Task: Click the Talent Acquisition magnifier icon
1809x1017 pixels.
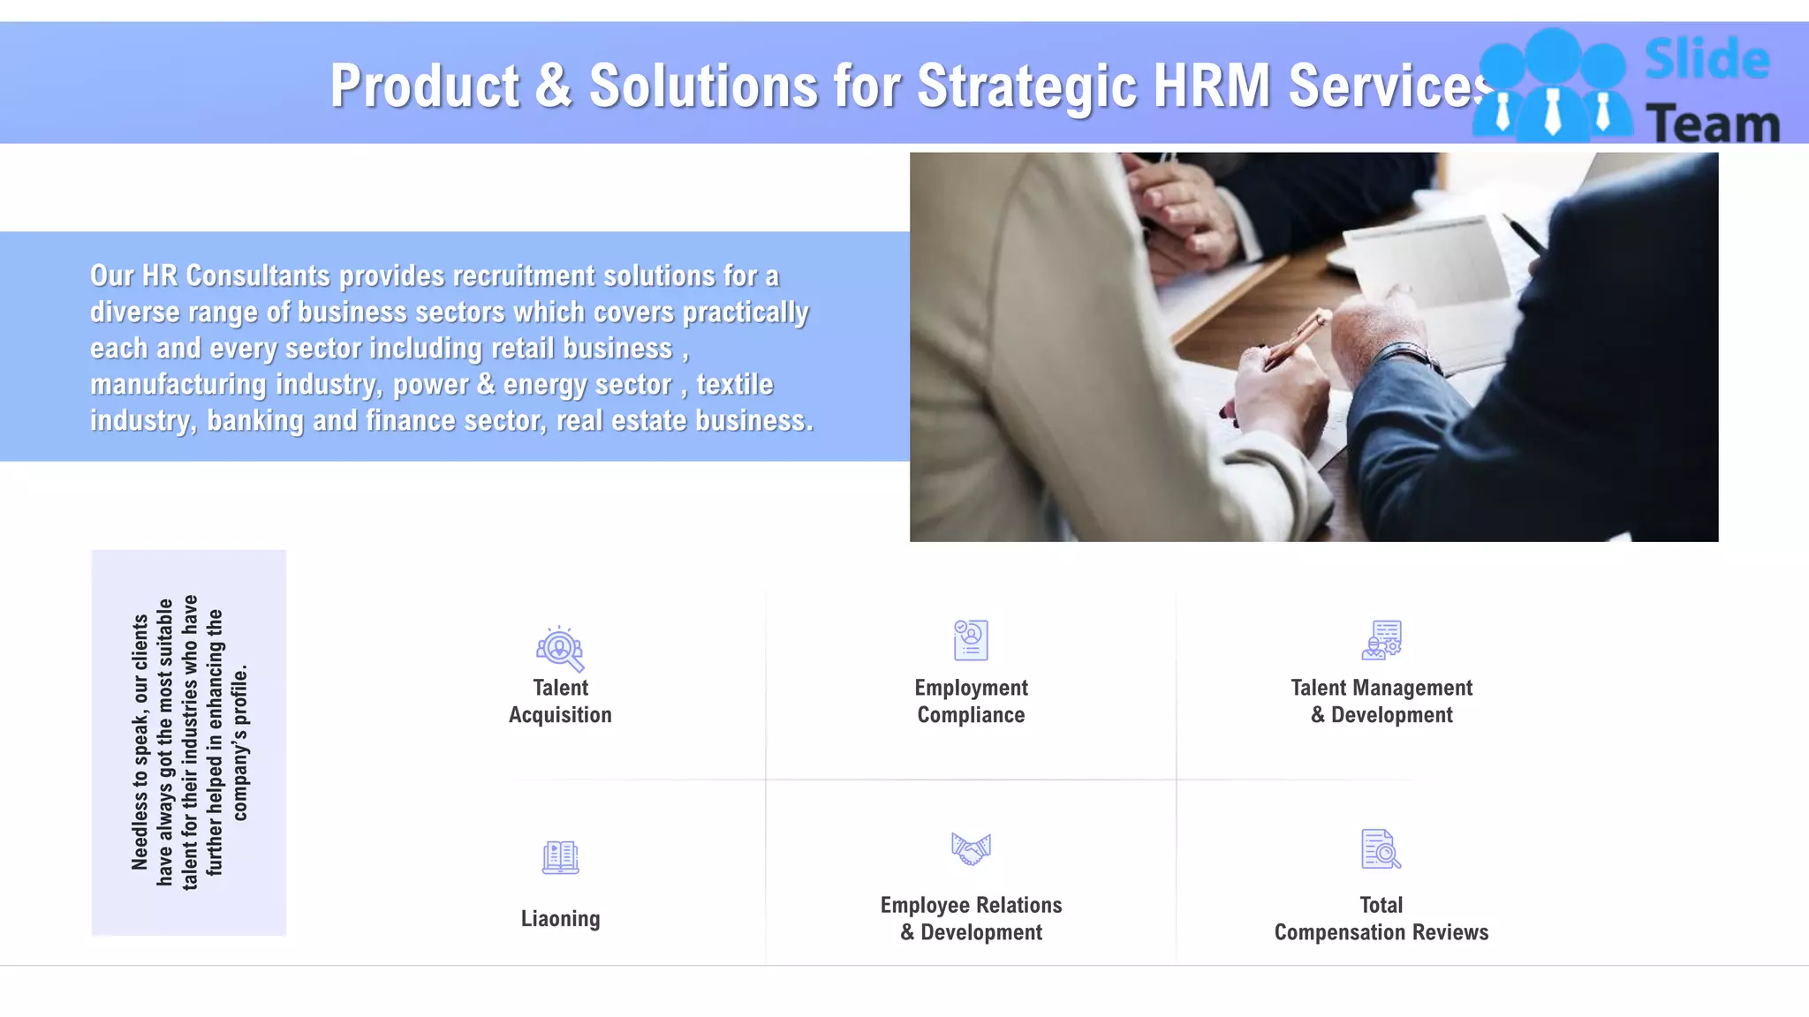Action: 560,649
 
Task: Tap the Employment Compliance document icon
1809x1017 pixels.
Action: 971,640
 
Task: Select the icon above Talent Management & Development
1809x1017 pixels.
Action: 1381,640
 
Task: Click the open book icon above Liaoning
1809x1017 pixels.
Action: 560,857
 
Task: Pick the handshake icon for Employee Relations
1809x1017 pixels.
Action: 971,849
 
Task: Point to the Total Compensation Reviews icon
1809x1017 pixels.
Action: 1381,849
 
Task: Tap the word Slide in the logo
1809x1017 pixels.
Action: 1707,60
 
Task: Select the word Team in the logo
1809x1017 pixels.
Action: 1713,124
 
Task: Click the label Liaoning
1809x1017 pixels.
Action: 560,919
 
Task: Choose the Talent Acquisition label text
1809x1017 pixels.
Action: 560,701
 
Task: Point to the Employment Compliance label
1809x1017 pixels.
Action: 971,701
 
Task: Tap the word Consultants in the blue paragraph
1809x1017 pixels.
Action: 258,276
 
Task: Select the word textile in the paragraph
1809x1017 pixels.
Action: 734,385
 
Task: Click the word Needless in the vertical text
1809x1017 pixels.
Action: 140,833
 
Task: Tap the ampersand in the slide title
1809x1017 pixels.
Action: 554,87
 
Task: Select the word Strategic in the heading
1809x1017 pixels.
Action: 1027,87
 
